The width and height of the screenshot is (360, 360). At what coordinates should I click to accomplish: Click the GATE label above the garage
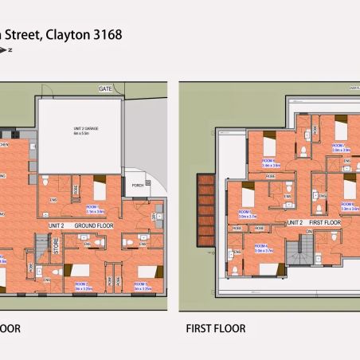click(x=105, y=88)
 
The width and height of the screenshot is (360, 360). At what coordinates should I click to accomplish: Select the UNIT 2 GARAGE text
click(x=79, y=129)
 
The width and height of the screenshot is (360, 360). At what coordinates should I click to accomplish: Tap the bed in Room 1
click(x=100, y=190)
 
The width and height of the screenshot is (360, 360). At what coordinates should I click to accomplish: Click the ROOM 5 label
click(x=245, y=212)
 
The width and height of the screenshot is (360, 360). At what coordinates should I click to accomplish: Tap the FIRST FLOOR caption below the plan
click(x=215, y=328)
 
